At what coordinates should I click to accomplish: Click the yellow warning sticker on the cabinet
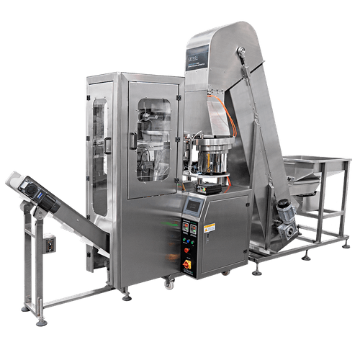tap(210, 229)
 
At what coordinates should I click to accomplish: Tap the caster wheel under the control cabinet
tap(168, 284)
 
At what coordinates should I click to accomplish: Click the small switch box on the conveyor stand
tap(50, 244)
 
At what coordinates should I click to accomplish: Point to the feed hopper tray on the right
tap(310, 166)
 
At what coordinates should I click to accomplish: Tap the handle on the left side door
tap(107, 145)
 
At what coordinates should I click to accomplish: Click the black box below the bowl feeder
tap(210, 186)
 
